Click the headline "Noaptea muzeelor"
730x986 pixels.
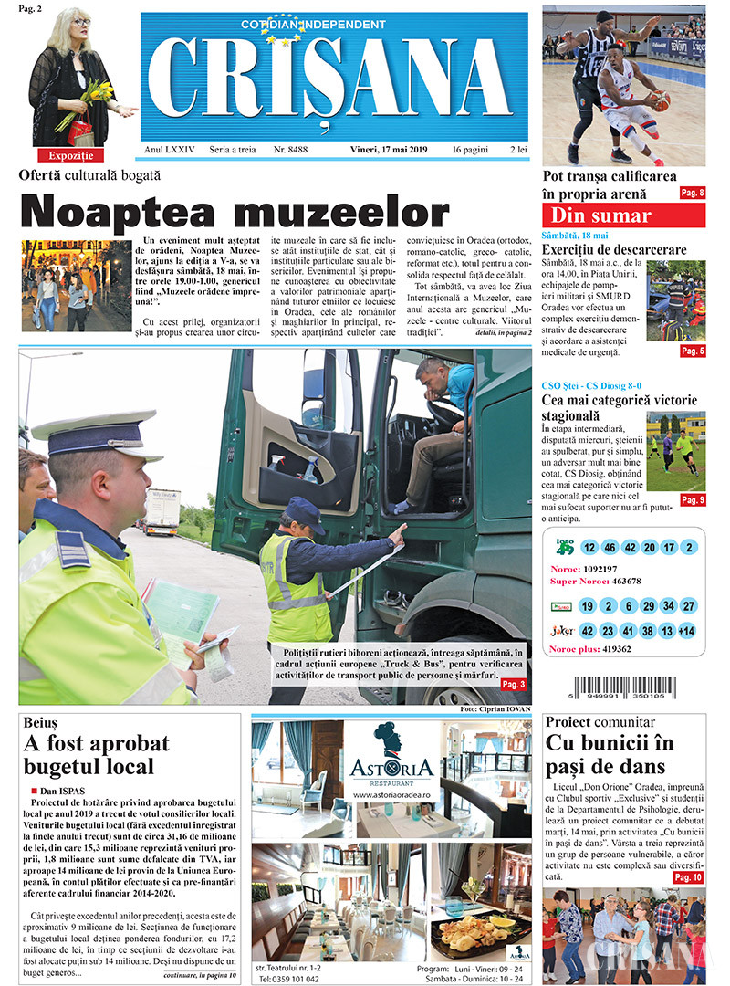(235, 211)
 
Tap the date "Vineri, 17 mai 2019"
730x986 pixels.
(389, 150)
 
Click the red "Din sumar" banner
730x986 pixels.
(623, 216)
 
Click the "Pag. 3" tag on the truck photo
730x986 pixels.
(513, 684)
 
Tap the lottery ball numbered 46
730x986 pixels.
(610, 548)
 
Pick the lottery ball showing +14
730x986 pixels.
(687, 631)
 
